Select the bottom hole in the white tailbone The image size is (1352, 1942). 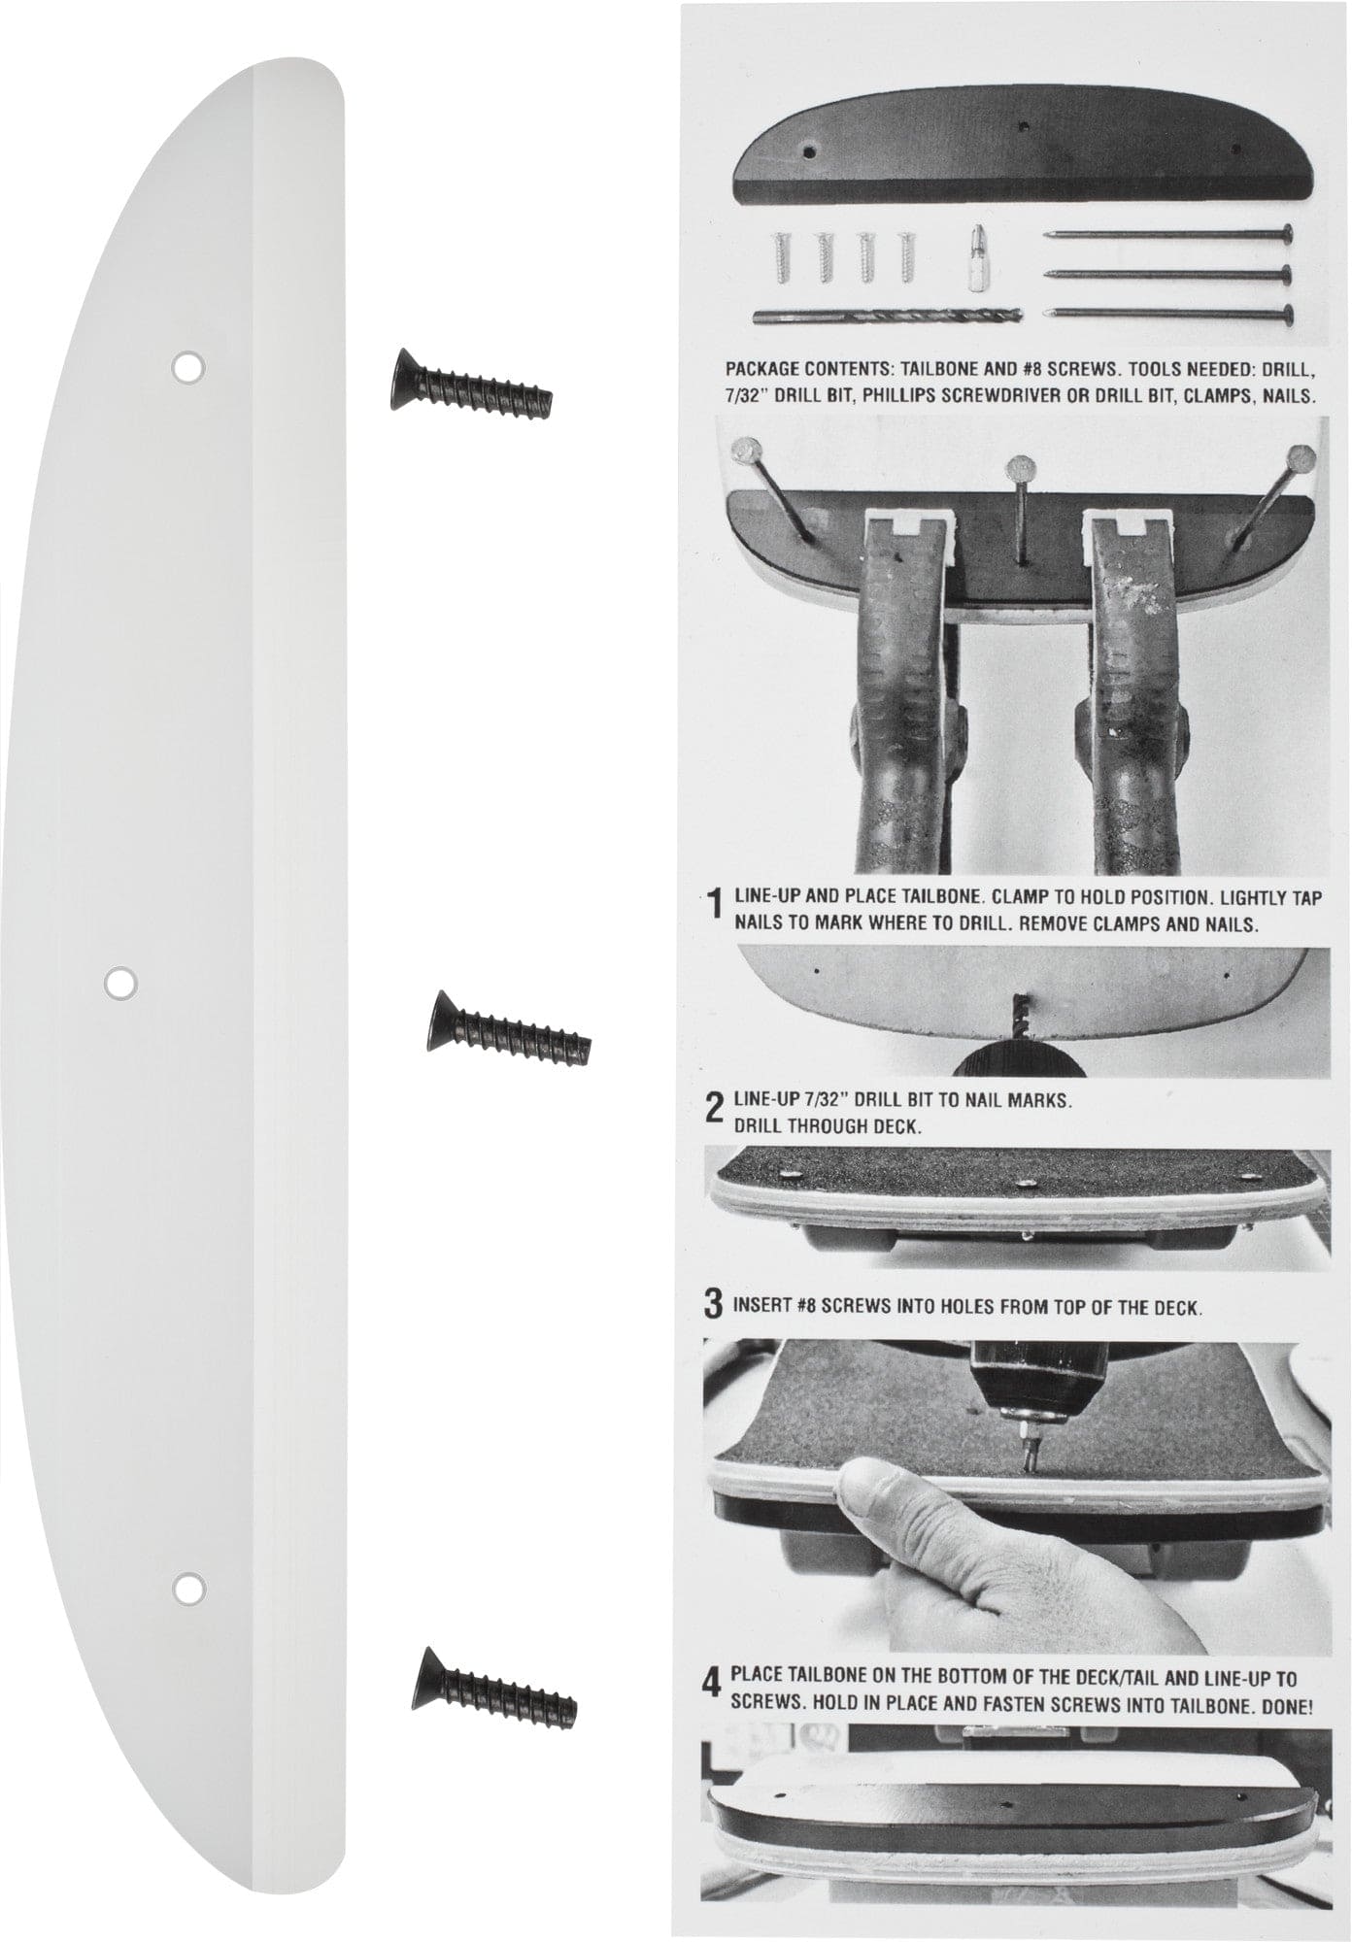tap(187, 1588)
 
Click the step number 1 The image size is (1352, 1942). tap(715, 907)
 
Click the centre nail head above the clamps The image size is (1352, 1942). tap(1017, 470)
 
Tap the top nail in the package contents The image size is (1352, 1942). tap(1169, 234)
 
